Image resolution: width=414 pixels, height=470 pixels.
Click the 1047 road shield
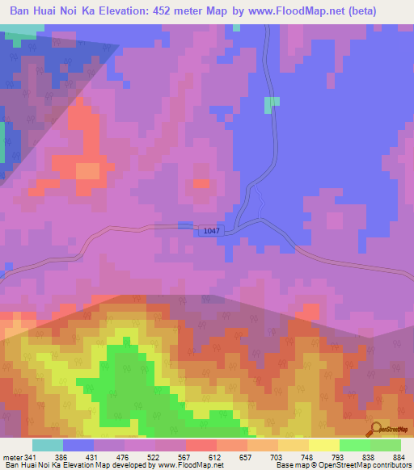(x=211, y=231)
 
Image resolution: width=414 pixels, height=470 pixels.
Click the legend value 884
(x=399, y=457)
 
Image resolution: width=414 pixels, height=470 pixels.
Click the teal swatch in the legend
(x=48, y=445)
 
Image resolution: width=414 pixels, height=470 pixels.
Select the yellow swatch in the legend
(x=324, y=445)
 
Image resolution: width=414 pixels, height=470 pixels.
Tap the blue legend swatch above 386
(x=78, y=445)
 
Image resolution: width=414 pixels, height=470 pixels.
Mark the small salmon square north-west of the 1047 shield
(x=201, y=183)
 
